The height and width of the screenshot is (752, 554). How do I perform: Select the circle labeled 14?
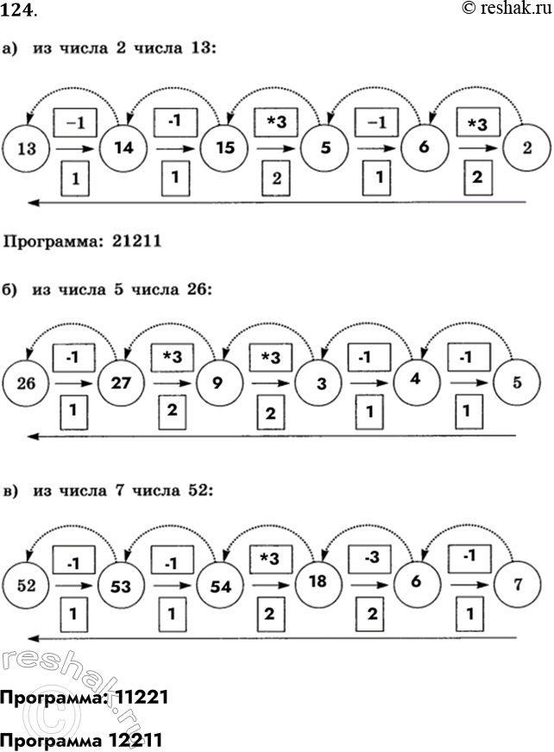[x=124, y=147]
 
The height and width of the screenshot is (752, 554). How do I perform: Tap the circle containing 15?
[x=223, y=147]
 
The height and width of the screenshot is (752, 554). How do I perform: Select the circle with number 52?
[x=26, y=586]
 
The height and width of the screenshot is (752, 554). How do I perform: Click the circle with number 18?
[x=318, y=583]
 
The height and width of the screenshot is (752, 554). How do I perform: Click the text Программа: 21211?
[x=83, y=242]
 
